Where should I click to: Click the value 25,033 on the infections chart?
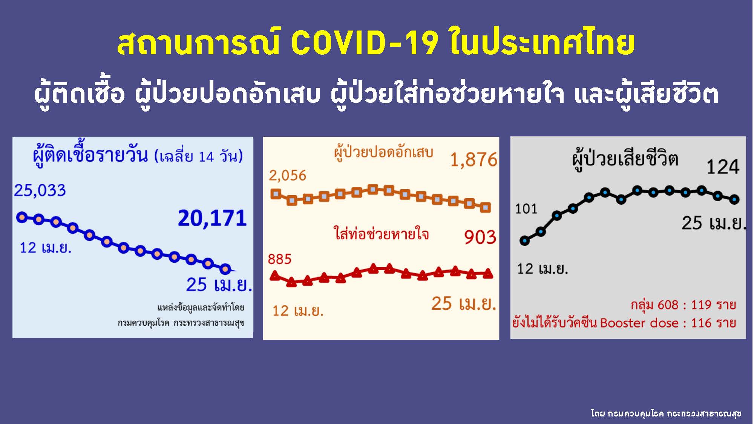coord(40,190)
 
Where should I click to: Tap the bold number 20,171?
coord(212,218)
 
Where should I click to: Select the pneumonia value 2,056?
coord(287,176)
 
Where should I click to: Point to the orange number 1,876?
coord(474,160)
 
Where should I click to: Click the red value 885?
coord(279,259)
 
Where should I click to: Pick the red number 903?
coord(480,237)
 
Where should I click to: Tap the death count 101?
coord(526,208)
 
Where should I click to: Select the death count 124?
coord(723,167)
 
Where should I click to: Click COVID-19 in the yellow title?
coord(365,43)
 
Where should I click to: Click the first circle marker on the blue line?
coord(22,217)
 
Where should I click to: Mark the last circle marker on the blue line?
coord(225,269)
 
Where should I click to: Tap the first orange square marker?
coord(276,194)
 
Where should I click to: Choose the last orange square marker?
coord(486,207)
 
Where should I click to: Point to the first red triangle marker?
coord(276,276)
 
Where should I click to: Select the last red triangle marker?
coord(488,273)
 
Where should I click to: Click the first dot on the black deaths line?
coord(524,241)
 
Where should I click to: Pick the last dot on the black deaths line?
coord(734,199)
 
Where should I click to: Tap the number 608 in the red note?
coord(667,305)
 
